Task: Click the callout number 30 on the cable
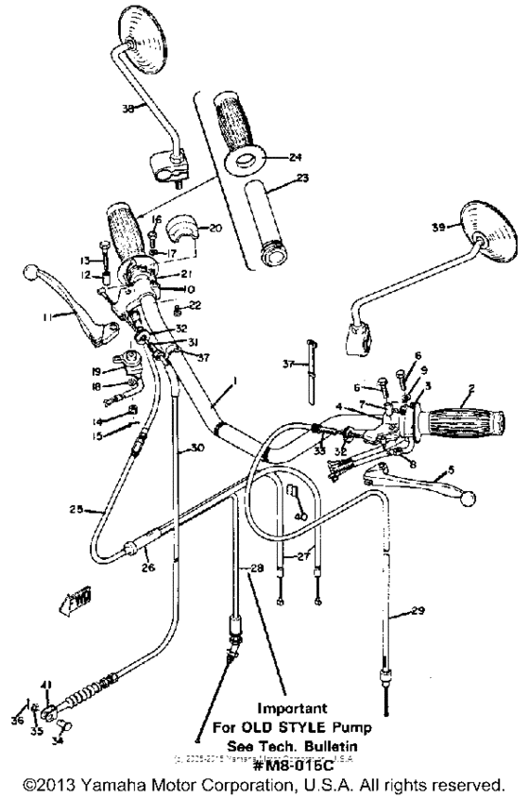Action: coord(196,449)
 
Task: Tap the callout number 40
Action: coord(300,517)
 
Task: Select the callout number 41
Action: coord(46,685)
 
